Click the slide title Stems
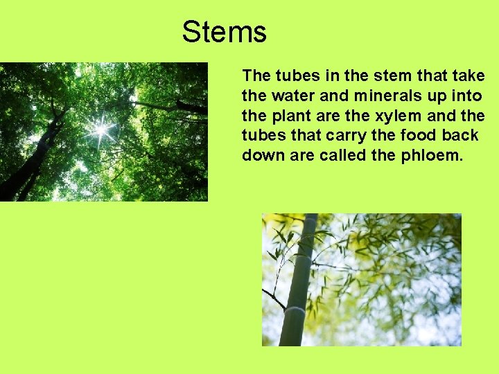pyautogui.click(x=224, y=33)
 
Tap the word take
pyautogui.click(x=469, y=75)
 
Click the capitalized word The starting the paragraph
pyautogui.click(x=257, y=75)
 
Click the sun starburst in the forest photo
pyautogui.click(x=101, y=128)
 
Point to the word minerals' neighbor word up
pyautogui.click(x=429, y=95)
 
